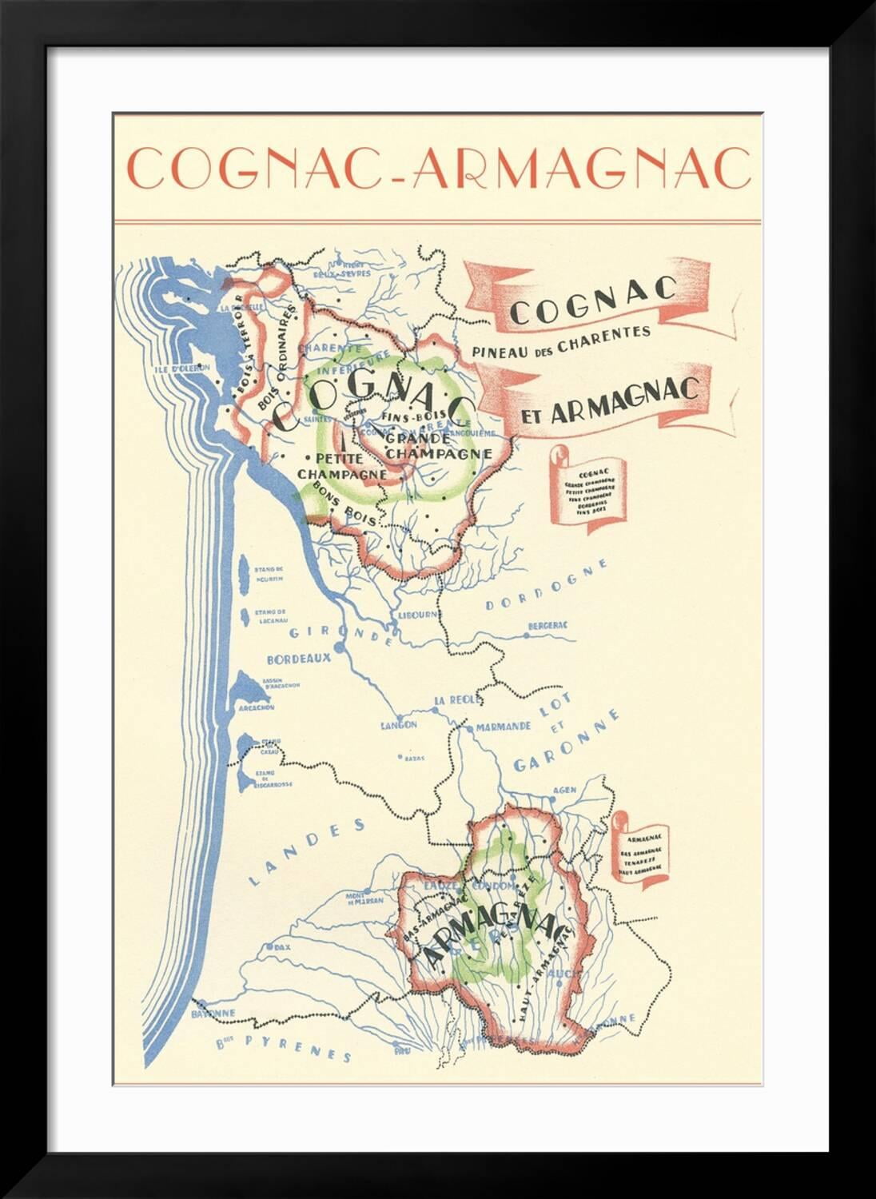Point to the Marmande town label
(504, 727)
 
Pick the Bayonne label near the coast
(213, 1014)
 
